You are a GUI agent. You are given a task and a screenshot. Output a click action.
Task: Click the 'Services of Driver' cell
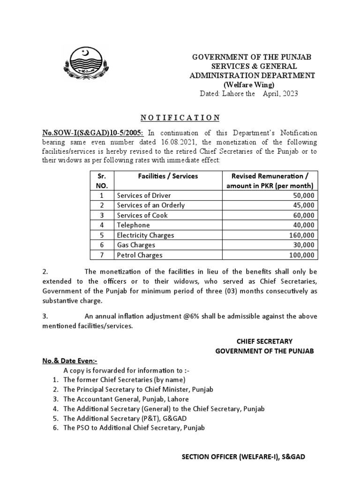click(x=144, y=195)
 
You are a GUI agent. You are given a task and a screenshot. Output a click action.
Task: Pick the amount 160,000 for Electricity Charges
click(x=302, y=235)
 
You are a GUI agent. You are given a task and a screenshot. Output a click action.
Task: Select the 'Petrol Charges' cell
click(x=140, y=255)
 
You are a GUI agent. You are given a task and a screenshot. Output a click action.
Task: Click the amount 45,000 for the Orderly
click(x=304, y=205)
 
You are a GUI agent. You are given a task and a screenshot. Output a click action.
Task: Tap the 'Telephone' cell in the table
click(x=134, y=225)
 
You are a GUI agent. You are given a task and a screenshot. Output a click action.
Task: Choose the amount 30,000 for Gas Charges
click(x=304, y=245)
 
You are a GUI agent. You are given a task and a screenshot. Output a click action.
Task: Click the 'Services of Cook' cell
click(x=142, y=215)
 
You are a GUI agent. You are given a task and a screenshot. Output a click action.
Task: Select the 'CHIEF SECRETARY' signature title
click(x=264, y=341)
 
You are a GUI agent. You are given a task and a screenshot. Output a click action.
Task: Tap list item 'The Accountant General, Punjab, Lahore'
click(x=126, y=399)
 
